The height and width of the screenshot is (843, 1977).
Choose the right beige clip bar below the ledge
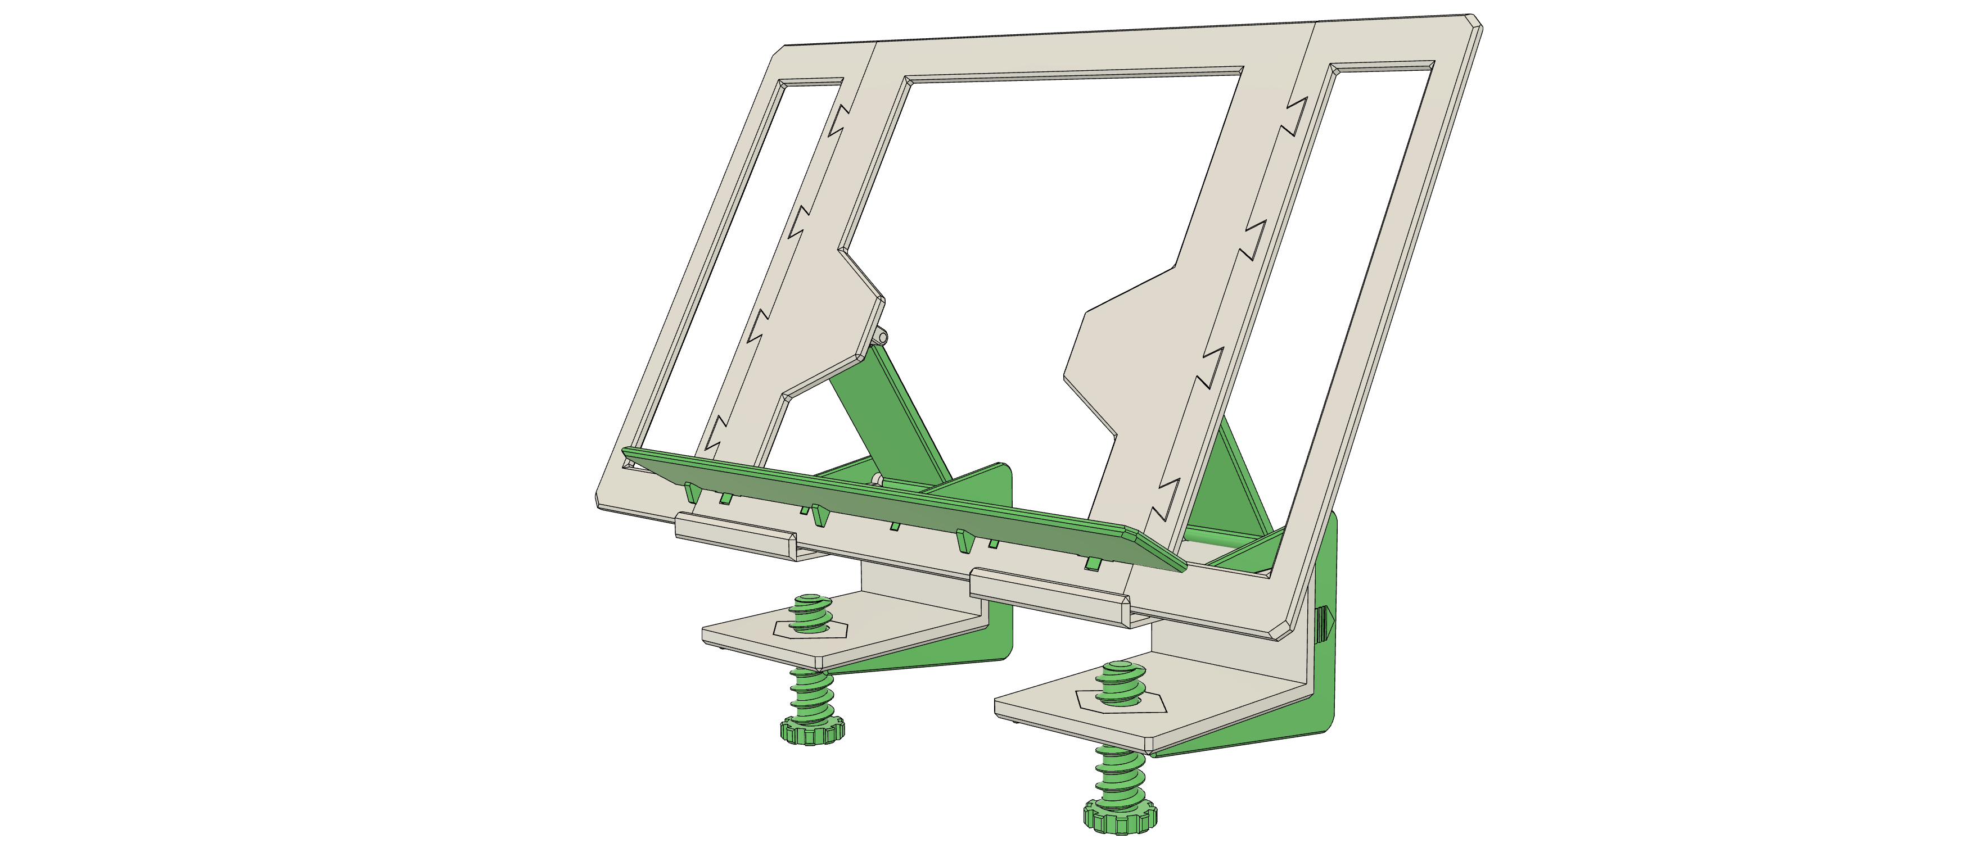[x=1048, y=597]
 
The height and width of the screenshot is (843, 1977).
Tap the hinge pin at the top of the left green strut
[x=883, y=336]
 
